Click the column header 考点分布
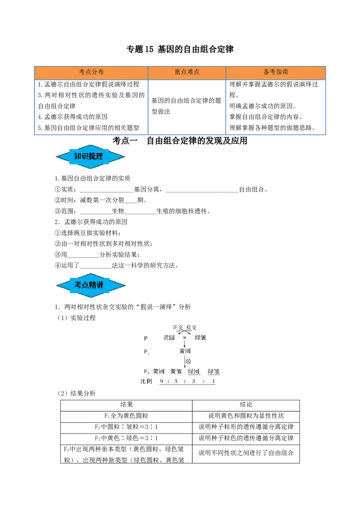(91, 72)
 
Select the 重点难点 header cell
(187, 72)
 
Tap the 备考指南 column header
(276, 72)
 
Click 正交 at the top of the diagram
(178, 328)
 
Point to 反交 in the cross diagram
(191, 328)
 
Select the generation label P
(145, 338)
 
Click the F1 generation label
(146, 352)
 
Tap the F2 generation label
(146, 371)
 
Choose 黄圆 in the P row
(169, 338)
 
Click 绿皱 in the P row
(201, 338)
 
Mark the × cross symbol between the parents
(184, 338)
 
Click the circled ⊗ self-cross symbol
(188, 362)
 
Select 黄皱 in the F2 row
(176, 371)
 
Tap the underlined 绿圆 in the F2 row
(194, 371)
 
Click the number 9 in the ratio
(162, 382)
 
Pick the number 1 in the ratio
(214, 382)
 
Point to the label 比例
(147, 381)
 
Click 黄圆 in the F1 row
(185, 351)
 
